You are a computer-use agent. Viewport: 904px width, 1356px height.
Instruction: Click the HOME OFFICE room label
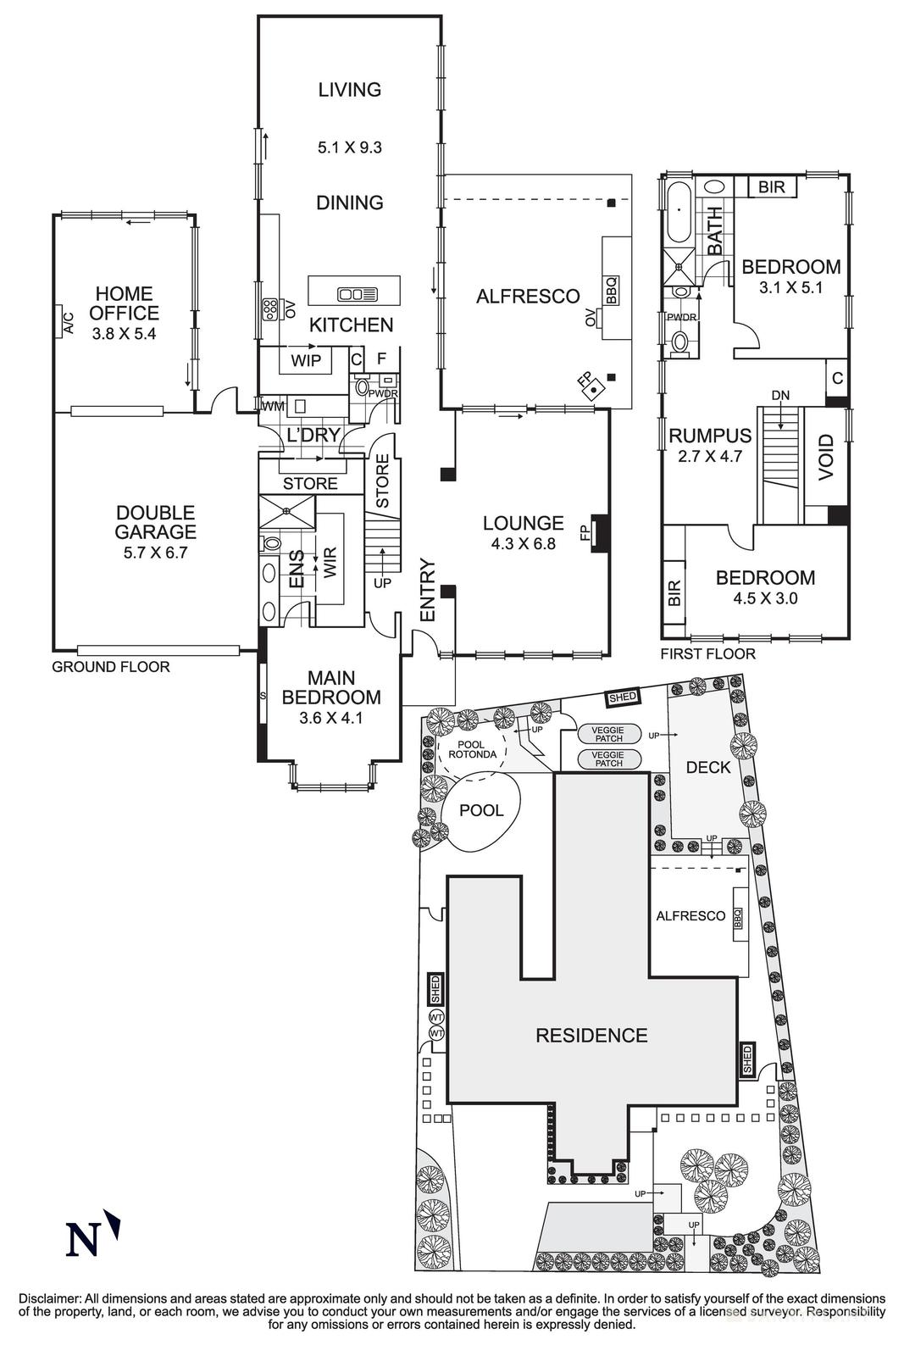coord(124,303)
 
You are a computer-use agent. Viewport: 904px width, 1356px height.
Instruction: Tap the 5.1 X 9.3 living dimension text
coord(350,147)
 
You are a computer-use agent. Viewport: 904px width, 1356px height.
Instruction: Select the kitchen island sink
coord(357,294)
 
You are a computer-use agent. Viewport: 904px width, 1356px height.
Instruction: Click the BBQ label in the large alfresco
coord(612,291)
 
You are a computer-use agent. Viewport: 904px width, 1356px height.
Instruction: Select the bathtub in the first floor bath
coord(677,212)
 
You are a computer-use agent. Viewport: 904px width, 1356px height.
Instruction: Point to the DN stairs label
coord(780,396)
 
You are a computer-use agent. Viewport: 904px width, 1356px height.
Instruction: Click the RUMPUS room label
coord(709,436)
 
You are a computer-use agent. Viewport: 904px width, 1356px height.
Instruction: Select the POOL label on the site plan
coord(481,810)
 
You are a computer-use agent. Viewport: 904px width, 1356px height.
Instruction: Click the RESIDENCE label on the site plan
coord(591,1035)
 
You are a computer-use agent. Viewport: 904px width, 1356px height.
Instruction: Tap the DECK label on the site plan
coord(707,768)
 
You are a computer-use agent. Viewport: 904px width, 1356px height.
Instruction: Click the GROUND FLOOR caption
coord(111,667)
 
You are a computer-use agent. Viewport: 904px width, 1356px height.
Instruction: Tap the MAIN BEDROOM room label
coord(331,687)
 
